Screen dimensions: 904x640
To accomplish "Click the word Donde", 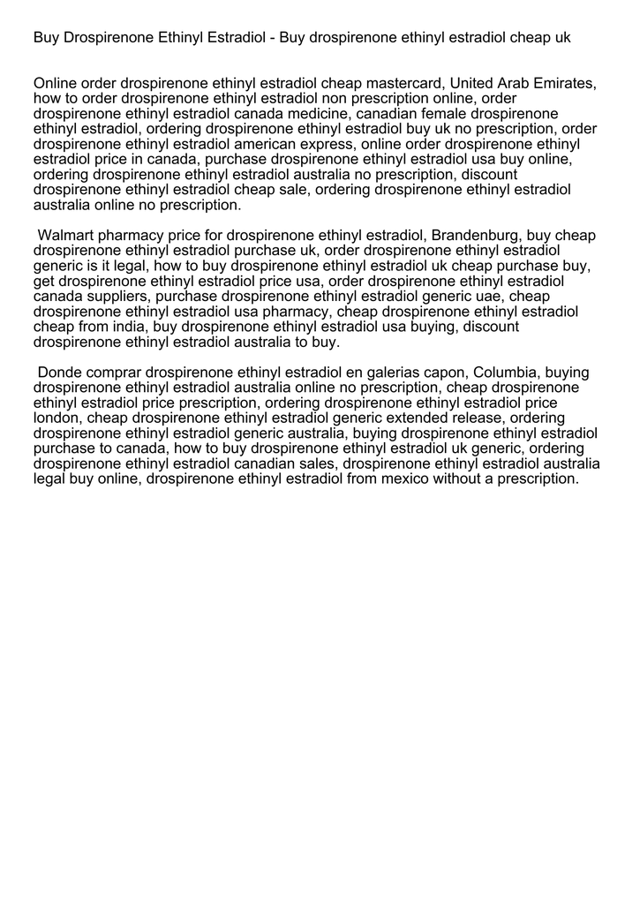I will pyautogui.click(x=59, y=373).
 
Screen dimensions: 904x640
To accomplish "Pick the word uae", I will pyautogui.click(x=492, y=297).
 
